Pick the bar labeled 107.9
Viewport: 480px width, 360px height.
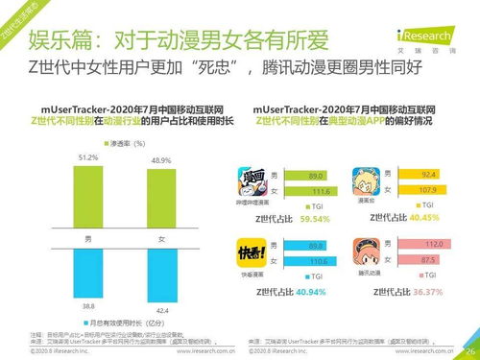click(x=427, y=189)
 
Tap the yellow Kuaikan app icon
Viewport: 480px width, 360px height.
click(x=251, y=252)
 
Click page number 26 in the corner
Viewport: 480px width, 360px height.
click(x=469, y=351)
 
